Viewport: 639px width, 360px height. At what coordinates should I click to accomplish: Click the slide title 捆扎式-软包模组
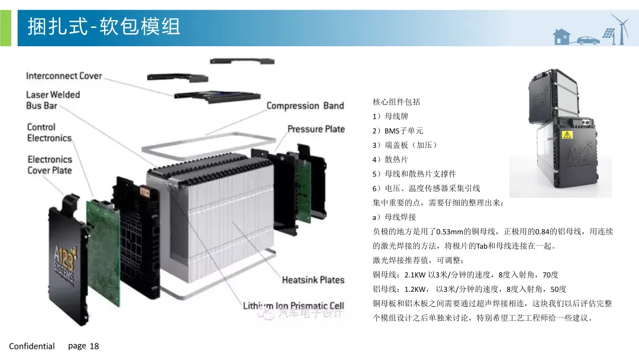pos(104,27)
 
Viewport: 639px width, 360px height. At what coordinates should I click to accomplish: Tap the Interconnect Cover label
pos(64,76)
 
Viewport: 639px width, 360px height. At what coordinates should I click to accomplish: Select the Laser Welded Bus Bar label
pos(53,100)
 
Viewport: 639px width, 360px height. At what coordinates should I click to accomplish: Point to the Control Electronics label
pos(49,133)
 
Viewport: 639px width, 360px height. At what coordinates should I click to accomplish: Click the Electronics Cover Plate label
pos(50,165)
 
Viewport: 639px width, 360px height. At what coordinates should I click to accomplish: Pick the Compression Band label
pos(305,106)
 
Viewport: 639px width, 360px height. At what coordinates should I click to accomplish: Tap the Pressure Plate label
pos(316,129)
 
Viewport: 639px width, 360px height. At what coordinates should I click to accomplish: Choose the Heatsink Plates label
pos(313,280)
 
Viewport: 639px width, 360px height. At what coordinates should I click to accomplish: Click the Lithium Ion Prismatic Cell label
pos(293,306)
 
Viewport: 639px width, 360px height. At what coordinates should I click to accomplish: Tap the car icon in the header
pos(588,40)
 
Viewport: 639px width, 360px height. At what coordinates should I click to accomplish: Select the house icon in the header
pos(561,37)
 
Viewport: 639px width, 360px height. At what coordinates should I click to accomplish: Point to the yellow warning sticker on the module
pos(567,134)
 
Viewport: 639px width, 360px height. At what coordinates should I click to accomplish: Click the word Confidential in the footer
pos(32,346)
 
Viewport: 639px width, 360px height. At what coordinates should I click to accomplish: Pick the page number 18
pos(94,346)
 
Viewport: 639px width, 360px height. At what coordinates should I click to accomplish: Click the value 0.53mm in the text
pos(450,232)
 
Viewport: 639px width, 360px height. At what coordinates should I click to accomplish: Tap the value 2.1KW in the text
pos(415,275)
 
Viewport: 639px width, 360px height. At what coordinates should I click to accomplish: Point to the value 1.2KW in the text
pos(415,290)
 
